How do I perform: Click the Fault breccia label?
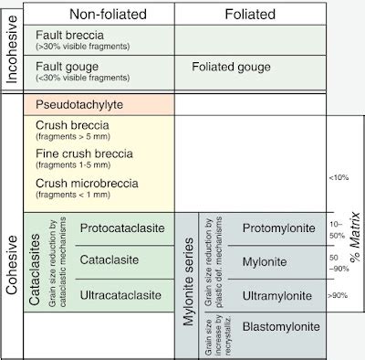pyautogui.click(x=68, y=34)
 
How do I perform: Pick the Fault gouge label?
pyautogui.click(x=67, y=66)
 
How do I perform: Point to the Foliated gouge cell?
pyautogui.click(x=232, y=67)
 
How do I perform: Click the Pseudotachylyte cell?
pyautogui.click(x=79, y=105)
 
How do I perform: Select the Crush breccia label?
pyautogui.click(x=72, y=123)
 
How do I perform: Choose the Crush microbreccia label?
pyautogui.click(x=87, y=183)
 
